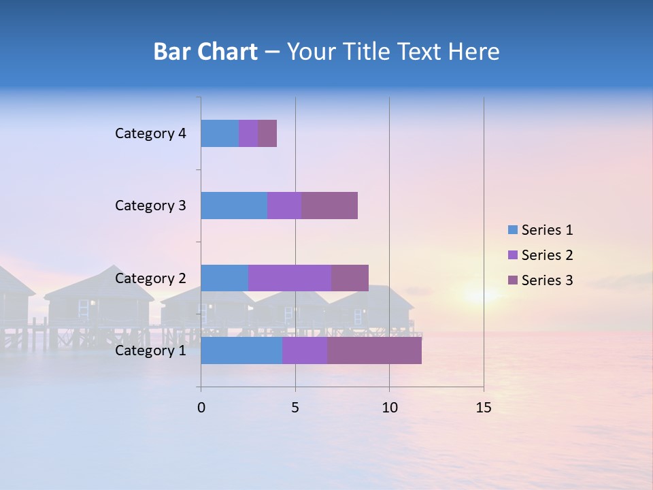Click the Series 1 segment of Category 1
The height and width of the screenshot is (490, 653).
pyautogui.click(x=241, y=350)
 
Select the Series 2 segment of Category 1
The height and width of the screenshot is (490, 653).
pyautogui.click(x=305, y=350)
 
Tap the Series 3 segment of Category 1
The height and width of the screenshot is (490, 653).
pyautogui.click(x=374, y=350)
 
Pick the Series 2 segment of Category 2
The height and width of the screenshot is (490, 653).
pyautogui.click(x=290, y=278)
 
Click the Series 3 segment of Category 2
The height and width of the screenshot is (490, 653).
pyautogui.click(x=350, y=278)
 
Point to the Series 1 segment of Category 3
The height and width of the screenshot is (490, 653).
pyautogui.click(x=234, y=206)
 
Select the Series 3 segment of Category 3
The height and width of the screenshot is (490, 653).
pyautogui.click(x=329, y=206)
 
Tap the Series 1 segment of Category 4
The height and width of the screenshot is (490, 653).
pyautogui.click(x=220, y=133)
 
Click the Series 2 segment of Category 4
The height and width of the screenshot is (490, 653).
pyautogui.click(x=248, y=133)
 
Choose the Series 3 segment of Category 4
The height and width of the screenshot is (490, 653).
pyautogui.click(x=267, y=133)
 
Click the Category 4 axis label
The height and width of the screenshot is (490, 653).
pyautogui.click(x=150, y=133)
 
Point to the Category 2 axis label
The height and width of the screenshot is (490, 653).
pyautogui.click(x=150, y=278)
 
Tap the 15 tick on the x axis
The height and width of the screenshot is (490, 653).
pyautogui.click(x=483, y=408)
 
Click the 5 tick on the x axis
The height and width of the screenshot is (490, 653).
pyautogui.click(x=295, y=408)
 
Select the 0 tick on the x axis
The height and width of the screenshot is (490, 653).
pyautogui.click(x=201, y=408)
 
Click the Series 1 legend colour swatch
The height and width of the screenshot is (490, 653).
pyautogui.click(x=512, y=229)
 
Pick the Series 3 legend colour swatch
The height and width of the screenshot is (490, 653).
pyautogui.click(x=512, y=280)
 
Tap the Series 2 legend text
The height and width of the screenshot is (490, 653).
pyautogui.click(x=547, y=255)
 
